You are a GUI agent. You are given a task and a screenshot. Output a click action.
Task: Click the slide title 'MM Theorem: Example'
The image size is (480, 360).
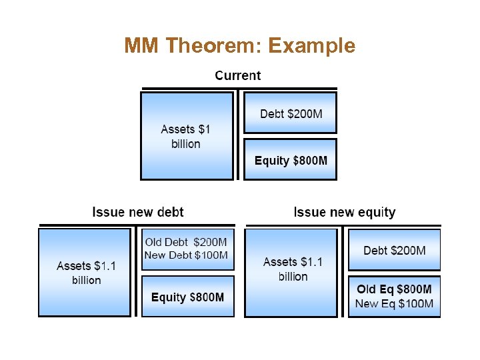[x=239, y=46]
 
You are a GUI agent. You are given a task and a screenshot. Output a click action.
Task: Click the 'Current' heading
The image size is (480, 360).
[x=237, y=75]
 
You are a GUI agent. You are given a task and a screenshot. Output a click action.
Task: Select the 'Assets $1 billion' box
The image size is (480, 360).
[x=186, y=136]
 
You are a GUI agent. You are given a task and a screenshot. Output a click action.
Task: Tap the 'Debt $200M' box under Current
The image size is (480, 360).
[x=291, y=113]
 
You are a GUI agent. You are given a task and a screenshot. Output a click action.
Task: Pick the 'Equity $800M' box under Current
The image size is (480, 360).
[x=291, y=161]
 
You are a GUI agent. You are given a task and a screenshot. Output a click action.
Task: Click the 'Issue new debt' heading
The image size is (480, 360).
[x=138, y=212]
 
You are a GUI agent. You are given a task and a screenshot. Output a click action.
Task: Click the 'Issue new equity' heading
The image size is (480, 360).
[x=344, y=212]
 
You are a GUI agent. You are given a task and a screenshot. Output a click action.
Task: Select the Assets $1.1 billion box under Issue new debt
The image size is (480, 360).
[x=85, y=273]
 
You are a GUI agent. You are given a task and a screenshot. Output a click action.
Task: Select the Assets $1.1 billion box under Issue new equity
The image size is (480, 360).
[x=292, y=269]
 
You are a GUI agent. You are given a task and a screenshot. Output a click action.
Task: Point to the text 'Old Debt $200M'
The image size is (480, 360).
[x=186, y=242]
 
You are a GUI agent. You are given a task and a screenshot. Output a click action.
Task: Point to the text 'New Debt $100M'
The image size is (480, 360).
[x=186, y=255]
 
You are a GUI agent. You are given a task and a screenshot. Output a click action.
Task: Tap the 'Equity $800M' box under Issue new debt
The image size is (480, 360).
[x=187, y=297]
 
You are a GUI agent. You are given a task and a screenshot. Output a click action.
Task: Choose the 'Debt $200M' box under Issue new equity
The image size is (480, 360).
[x=394, y=251]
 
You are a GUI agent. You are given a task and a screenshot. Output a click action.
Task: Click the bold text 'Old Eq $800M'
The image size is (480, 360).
[x=394, y=289]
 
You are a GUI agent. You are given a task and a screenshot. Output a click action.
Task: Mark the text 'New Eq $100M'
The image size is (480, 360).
[x=394, y=304]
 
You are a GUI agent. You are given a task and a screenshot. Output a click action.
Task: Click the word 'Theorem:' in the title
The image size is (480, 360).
[x=213, y=46]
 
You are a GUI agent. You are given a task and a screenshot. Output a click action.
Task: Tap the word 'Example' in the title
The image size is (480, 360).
[x=311, y=46]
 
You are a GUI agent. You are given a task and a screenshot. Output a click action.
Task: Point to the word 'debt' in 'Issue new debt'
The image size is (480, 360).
[x=169, y=212]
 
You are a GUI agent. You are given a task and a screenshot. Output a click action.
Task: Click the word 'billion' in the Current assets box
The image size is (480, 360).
[x=186, y=144]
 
